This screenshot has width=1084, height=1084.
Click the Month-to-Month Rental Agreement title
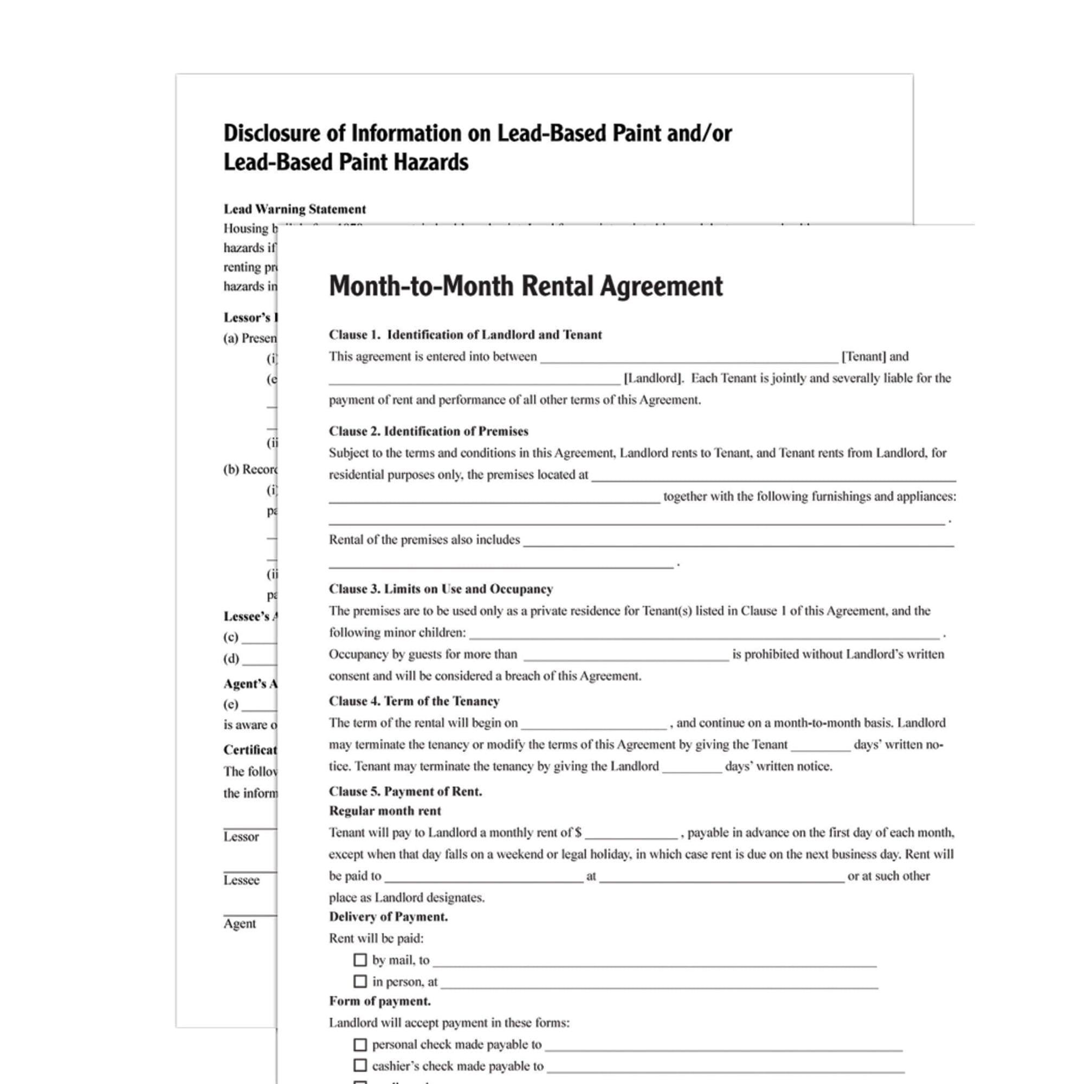[x=526, y=286]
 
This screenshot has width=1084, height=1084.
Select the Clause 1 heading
[x=465, y=335]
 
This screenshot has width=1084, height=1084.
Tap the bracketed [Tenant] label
[x=863, y=356]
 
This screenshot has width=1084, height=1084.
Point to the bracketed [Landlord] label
[x=654, y=378]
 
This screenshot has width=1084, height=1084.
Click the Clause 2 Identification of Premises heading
[x=429, y=431]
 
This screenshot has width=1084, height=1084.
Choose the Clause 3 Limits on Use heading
[x=441, y=589]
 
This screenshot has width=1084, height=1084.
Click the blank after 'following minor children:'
[x=704, y=634]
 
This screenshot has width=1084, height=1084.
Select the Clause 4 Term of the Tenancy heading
[x=414, y=701]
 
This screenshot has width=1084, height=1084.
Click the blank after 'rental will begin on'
[x=593, y=724]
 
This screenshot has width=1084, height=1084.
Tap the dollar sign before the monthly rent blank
[x=578, y=833]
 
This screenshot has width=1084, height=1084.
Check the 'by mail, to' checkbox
[x=360, y=960]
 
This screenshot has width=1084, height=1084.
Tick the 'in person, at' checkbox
[x=360, y=982]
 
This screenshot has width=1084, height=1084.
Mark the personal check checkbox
[x=360, y=1045]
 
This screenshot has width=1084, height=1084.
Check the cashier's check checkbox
[x=360, y=1065]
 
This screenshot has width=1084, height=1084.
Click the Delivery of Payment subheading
[x=388, y=917]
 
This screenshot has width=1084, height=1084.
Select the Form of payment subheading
[x=380, y=1001]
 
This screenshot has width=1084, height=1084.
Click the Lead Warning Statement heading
[x=294, y=209]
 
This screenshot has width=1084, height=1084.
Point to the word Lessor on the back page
[x=241, y=836]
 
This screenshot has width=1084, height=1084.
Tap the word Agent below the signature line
[x=240, y=924]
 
